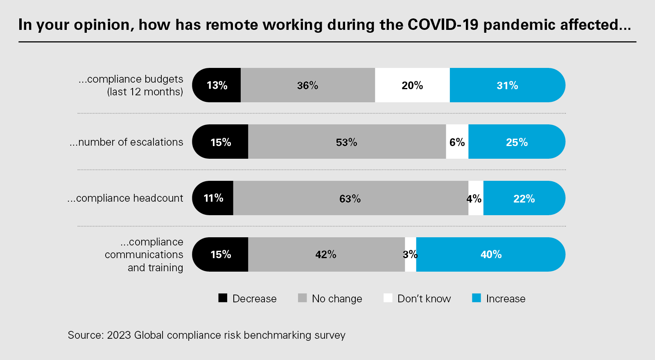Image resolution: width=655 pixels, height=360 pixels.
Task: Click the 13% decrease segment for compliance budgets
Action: click(217, 85)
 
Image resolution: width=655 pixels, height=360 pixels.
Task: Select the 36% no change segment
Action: click(307, 85)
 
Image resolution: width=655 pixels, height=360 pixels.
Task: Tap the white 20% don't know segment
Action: click(412, 85)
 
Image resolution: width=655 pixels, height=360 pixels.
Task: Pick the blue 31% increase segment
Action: click(507, 85)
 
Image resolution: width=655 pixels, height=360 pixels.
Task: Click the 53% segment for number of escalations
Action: click(347, 142)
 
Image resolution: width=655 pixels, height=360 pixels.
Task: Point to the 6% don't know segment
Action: click(457, 142)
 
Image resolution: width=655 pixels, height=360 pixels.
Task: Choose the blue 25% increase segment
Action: click(517, 142)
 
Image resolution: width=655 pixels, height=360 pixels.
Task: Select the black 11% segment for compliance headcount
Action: click(213, 198)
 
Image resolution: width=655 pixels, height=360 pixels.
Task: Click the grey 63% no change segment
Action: click(350, 198)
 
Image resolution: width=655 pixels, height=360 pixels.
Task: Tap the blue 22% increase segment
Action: click(524, 198)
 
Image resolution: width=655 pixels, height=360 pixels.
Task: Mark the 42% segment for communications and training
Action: click(326, 254)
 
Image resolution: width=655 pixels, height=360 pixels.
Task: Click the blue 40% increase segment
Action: click(491, 254)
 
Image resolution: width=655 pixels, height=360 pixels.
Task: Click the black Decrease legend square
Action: click(223, 298)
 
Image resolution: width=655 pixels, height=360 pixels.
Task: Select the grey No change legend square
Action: click(302, 298)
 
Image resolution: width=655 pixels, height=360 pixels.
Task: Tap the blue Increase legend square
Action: click(477, 298)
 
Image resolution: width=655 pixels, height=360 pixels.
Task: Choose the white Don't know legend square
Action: click(388, 298)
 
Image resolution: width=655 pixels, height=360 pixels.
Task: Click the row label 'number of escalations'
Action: click(126, 142)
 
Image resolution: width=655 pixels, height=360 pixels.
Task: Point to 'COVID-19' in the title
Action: click(443, 25)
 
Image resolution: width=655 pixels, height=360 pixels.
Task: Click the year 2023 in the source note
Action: click(119, 335)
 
